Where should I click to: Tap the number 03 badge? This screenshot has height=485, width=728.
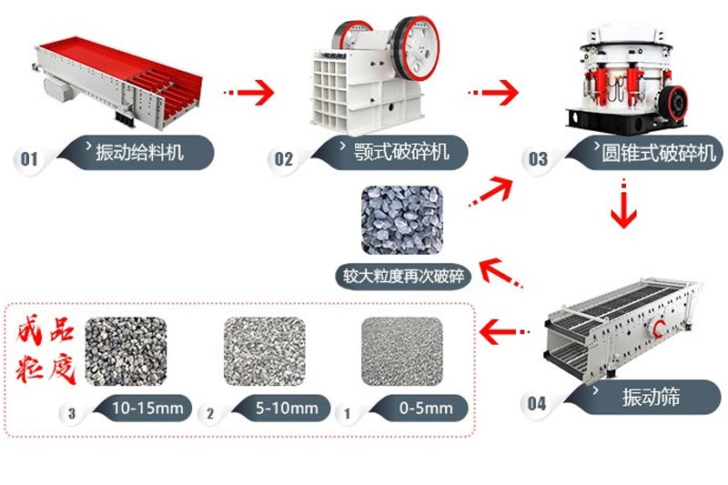[538, 160]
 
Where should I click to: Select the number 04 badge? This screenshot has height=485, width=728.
[538, 403]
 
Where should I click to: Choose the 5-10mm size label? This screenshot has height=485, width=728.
[284, 408]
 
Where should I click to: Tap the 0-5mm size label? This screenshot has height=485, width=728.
[420, 408]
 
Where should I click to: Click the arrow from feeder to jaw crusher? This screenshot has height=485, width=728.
[248, 91]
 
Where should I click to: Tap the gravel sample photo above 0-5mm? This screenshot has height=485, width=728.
[401, 350]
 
